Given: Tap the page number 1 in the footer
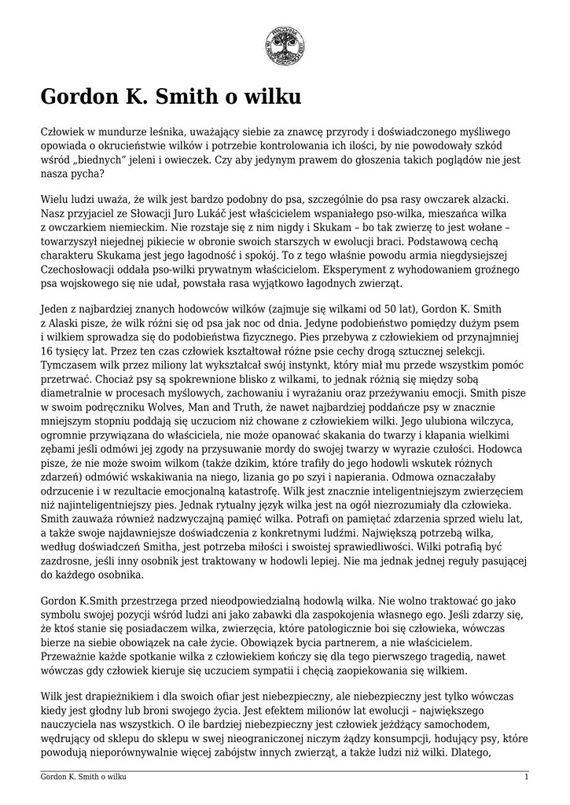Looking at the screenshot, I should point(526,777).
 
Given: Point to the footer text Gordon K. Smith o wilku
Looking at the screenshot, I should point(83,777).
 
